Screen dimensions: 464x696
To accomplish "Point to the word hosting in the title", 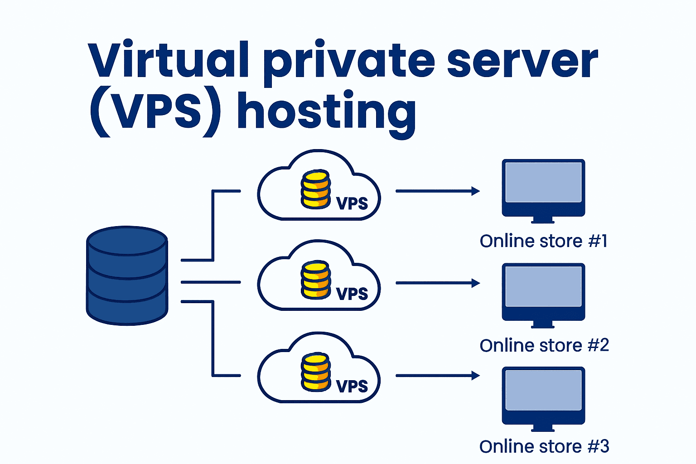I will click(x=326, y=113).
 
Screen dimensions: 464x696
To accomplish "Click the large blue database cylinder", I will click(x=127, y=275).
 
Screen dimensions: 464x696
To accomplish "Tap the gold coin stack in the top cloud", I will click(x=315, y=189).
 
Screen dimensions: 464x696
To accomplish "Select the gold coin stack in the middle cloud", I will click(x=315, y=280).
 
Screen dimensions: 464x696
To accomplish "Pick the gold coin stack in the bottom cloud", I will click(x=315, y=372).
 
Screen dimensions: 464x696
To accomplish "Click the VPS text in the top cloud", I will click(x=352, y=203).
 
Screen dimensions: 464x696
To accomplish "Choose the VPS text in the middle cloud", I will click(x=352, y=294).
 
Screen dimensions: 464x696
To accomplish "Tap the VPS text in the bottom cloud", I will click(x=352, y=386).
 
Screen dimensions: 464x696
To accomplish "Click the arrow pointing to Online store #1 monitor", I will click(x=437, y=191).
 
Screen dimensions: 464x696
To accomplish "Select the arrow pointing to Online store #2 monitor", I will click(x=437, y=283).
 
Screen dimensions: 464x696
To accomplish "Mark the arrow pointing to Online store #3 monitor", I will click(x=437, y=376).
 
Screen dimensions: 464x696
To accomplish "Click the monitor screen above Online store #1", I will click(x=543, y=182).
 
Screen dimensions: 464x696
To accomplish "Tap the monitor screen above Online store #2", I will click(x=543, y=286).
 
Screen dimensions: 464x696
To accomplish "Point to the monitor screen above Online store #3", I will click(x=543, y=390).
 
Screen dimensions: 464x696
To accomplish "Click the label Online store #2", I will click(x=544, y=346).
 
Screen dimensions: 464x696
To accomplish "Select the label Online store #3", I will click(x=544, y=447).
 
